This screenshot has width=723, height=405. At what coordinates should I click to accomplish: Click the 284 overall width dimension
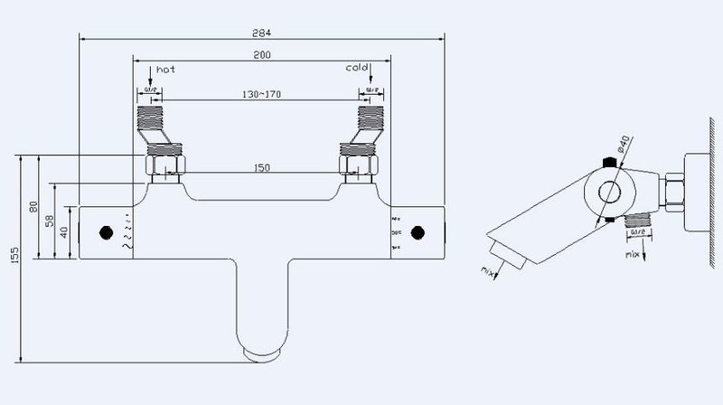click(x=261, y=32)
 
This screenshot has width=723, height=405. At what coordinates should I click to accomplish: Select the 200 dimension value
click(x=261, y=55)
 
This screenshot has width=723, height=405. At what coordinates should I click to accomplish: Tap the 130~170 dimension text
click(x=261, y=93)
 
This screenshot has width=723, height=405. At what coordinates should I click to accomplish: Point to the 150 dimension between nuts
click(x=261, y=166)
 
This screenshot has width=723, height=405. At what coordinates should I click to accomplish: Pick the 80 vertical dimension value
click(x=34, y=207)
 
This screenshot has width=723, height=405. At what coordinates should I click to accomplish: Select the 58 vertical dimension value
click(x=51, y=221)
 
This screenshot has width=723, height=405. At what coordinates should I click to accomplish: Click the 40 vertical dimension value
click(x=64, y=231)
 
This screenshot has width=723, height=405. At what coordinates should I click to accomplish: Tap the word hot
click(x=165, y=69)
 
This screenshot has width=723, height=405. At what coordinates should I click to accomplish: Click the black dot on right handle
click(x=417, y=232)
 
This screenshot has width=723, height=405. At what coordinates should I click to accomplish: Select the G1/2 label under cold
click(x=370, y=90)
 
